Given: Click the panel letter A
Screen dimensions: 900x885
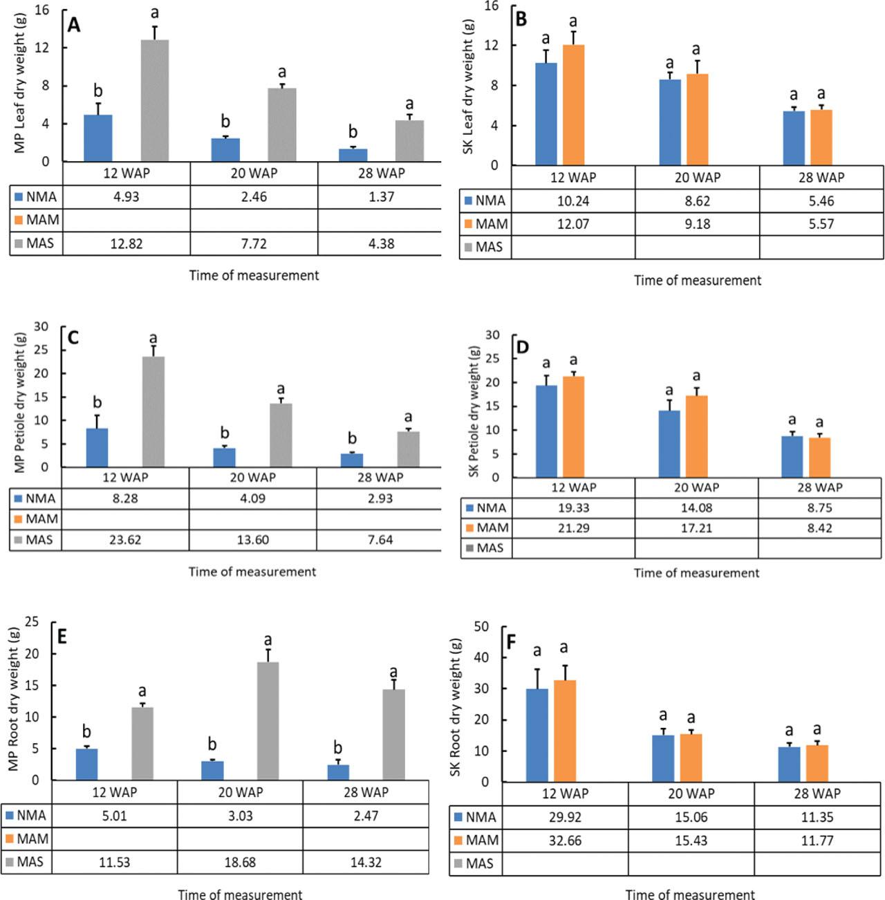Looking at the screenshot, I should tap(74, 25).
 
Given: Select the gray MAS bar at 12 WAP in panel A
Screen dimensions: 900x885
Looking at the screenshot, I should tap(155, 101).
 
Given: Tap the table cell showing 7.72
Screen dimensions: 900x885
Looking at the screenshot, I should tap(253, 243).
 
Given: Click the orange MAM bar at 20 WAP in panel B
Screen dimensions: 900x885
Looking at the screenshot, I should tap(697, 120).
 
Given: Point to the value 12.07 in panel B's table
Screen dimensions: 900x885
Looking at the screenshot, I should tap(572, 224).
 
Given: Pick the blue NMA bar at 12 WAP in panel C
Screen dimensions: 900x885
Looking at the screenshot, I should tap(97, 448).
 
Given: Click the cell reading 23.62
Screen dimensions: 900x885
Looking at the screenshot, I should tap(125, 540).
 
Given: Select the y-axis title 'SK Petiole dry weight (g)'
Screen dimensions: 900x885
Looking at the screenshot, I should tap(474, 411).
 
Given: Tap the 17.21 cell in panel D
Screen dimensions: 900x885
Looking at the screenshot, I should tap(696, 528).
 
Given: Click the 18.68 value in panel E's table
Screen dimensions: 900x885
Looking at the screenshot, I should tap(240, 863).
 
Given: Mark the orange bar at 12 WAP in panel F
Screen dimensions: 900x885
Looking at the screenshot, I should tap(564, 731).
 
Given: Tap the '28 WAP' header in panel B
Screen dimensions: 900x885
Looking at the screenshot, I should tap(821, 178).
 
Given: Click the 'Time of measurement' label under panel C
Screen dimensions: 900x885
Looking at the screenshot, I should tap(252, 572).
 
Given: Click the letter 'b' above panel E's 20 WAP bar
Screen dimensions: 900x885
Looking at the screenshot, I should tap(212, 744).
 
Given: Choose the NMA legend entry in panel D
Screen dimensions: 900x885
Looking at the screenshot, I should tap(486, 508).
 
